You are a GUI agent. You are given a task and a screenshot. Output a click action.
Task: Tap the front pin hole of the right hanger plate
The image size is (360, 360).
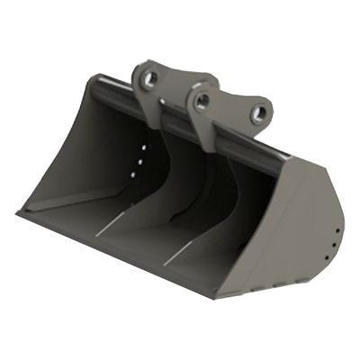click(202, 99)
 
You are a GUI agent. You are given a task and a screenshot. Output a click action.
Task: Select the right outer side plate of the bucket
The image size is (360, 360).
click(297, 234)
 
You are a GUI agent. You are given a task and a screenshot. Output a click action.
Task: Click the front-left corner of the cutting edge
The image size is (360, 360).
click(19, 213)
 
